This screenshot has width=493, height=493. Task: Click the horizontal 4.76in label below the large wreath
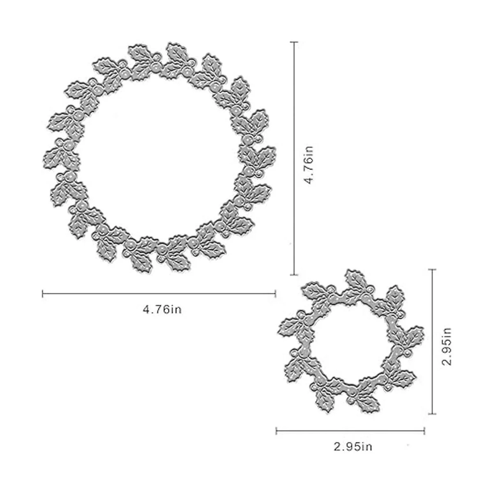(162, 310)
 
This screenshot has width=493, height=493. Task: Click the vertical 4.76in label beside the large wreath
(308, 165)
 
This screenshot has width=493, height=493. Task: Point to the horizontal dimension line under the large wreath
(159, 294)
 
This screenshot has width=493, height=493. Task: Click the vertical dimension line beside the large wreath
(294, 158)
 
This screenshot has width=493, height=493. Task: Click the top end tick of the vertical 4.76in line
(294, 42)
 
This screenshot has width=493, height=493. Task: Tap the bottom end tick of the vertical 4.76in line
(294, 275)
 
